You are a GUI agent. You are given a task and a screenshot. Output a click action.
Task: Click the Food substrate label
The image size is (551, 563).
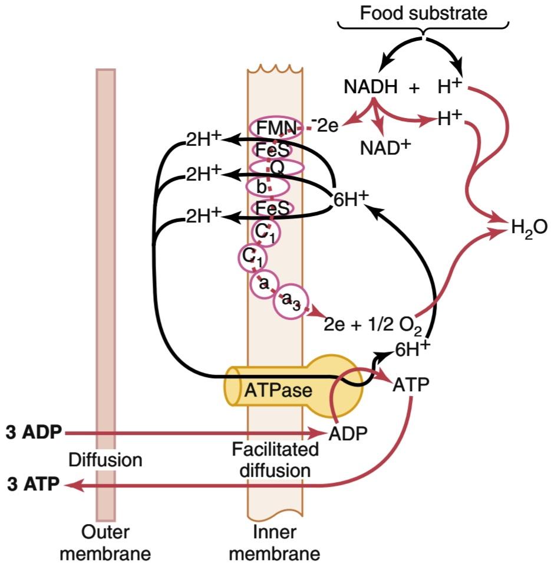point(423,14)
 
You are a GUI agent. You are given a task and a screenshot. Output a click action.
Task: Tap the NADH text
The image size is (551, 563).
point(370,87)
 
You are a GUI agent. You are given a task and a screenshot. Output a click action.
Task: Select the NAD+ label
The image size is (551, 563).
point(385,148)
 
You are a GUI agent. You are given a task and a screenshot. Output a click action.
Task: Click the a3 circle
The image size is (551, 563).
point(291,302)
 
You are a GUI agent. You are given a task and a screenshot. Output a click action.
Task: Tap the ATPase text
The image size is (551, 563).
point(278,390)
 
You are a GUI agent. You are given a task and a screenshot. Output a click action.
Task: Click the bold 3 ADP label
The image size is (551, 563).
point(34,433)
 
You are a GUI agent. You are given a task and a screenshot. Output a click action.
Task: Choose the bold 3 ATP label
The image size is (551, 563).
point(33,485)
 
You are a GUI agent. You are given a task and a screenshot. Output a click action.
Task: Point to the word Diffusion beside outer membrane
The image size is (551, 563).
point(105,460)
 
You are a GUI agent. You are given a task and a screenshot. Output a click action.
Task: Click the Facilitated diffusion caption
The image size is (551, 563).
point(275,460)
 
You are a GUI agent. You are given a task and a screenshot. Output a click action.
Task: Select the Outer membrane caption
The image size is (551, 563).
point(105,542)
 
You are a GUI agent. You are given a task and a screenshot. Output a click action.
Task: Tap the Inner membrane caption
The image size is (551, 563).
point(274,542)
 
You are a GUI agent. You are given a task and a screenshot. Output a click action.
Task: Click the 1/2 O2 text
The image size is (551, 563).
point(394,326)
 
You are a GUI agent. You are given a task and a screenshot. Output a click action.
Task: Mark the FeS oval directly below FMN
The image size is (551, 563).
point(272,150)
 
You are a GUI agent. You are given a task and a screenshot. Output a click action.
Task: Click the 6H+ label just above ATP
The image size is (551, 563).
point(413,349)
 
